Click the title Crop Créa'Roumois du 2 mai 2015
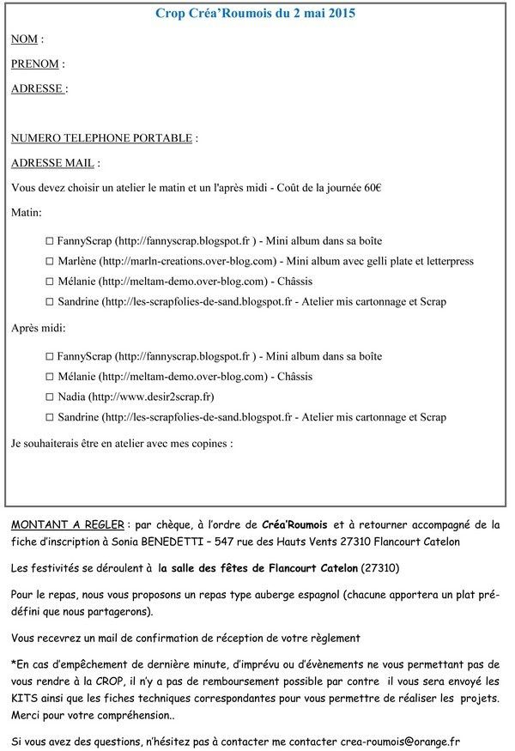pos(255,14)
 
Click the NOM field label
pos(26,39)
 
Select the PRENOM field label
pos(36,64)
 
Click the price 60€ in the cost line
pos(373,187)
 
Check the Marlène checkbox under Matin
pos(50,261)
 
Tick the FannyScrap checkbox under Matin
pos(50,241)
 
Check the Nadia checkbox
pos(50,397)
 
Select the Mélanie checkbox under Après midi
pos(50,377)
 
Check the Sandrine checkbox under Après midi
pos(50,418)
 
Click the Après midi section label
pos(38,328)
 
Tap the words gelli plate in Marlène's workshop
pos(389,261)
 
